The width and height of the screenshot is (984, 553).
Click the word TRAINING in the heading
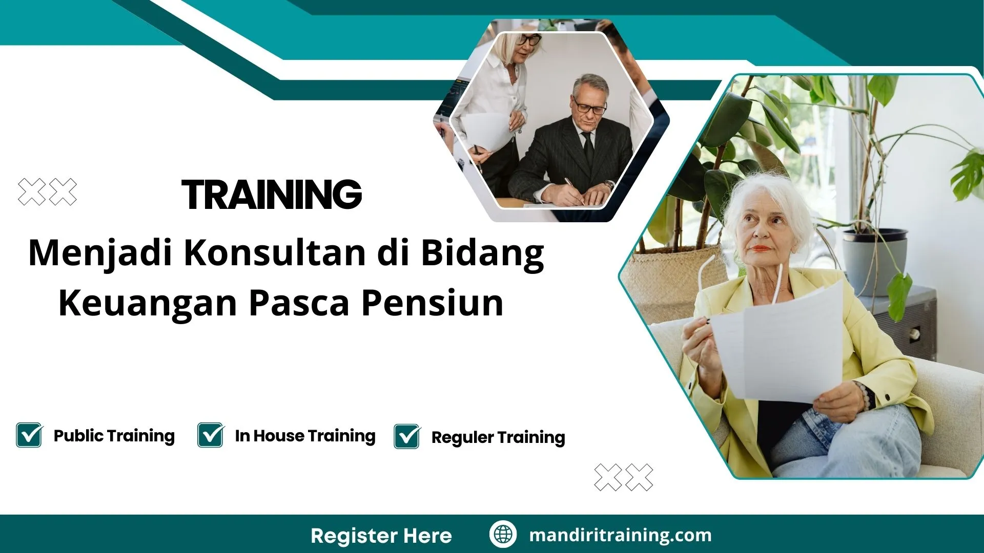(x=272, y=195)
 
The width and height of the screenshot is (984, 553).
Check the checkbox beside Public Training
(x=29, y=435)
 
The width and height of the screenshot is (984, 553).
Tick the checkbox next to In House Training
(x=211, y=435)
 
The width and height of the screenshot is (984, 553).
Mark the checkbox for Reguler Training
(x=407, y=437)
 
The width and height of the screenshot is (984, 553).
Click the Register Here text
(x=381, y=536)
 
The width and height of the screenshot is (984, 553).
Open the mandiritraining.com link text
(x=620, y=535)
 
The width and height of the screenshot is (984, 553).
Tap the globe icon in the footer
(x=503, y=534)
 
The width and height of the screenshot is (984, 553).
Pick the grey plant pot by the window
(x=874, y=261)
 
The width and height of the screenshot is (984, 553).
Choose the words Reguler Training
(x=498, y=437)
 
